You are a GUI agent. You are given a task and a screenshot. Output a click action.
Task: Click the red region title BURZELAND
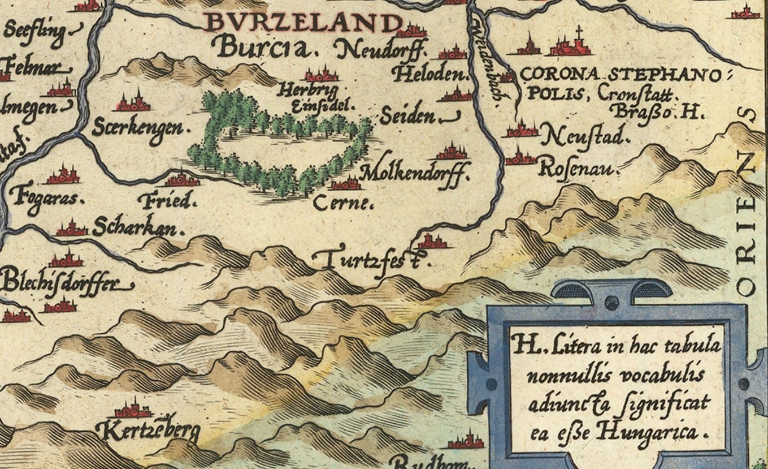[302, 23]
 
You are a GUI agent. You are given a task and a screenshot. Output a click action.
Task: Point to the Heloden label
[433, 75]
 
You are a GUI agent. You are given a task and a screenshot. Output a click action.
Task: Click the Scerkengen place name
[139, 127]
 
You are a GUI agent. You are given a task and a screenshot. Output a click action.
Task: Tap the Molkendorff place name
[415, 173]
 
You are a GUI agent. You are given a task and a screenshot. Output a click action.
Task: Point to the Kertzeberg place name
[148, 432]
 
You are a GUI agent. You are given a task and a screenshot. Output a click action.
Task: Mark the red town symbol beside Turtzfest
[432, 242]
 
